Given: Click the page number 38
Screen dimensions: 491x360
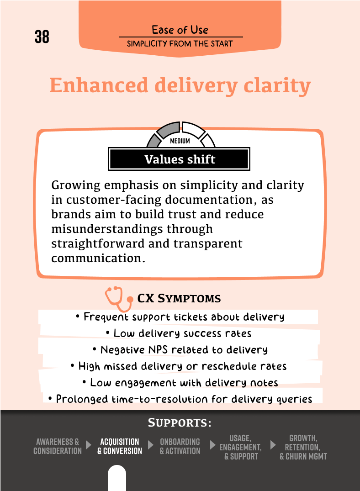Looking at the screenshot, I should coord(42,37).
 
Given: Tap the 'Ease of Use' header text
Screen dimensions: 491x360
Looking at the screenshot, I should coord(180,30).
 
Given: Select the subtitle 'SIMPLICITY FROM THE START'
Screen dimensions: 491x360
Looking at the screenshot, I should coord(180,44).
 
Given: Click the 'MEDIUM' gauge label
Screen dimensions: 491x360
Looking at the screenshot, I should coord(180,141).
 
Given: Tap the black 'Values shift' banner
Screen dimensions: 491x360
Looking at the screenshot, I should coord(180,159).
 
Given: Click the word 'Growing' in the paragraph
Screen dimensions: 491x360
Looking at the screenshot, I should coord(74,186).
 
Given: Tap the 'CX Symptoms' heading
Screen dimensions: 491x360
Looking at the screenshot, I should coord(179,299).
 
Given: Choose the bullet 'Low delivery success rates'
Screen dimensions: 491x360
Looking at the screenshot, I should coord(178,333).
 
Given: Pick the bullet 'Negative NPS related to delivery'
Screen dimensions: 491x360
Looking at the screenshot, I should coord(179,350).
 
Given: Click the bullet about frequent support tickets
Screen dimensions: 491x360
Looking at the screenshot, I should coord(180,317).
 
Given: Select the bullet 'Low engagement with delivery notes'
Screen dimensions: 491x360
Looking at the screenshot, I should coord(180,383).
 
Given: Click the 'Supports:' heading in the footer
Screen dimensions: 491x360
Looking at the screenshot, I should coord(180,423).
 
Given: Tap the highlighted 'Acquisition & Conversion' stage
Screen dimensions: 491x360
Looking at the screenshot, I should coord(120,446).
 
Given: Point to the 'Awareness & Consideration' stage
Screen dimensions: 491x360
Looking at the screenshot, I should coord(58,446).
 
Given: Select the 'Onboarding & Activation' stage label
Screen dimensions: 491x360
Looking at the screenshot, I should coord(180,446).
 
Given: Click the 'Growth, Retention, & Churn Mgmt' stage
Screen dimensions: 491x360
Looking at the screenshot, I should coord(303,447).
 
